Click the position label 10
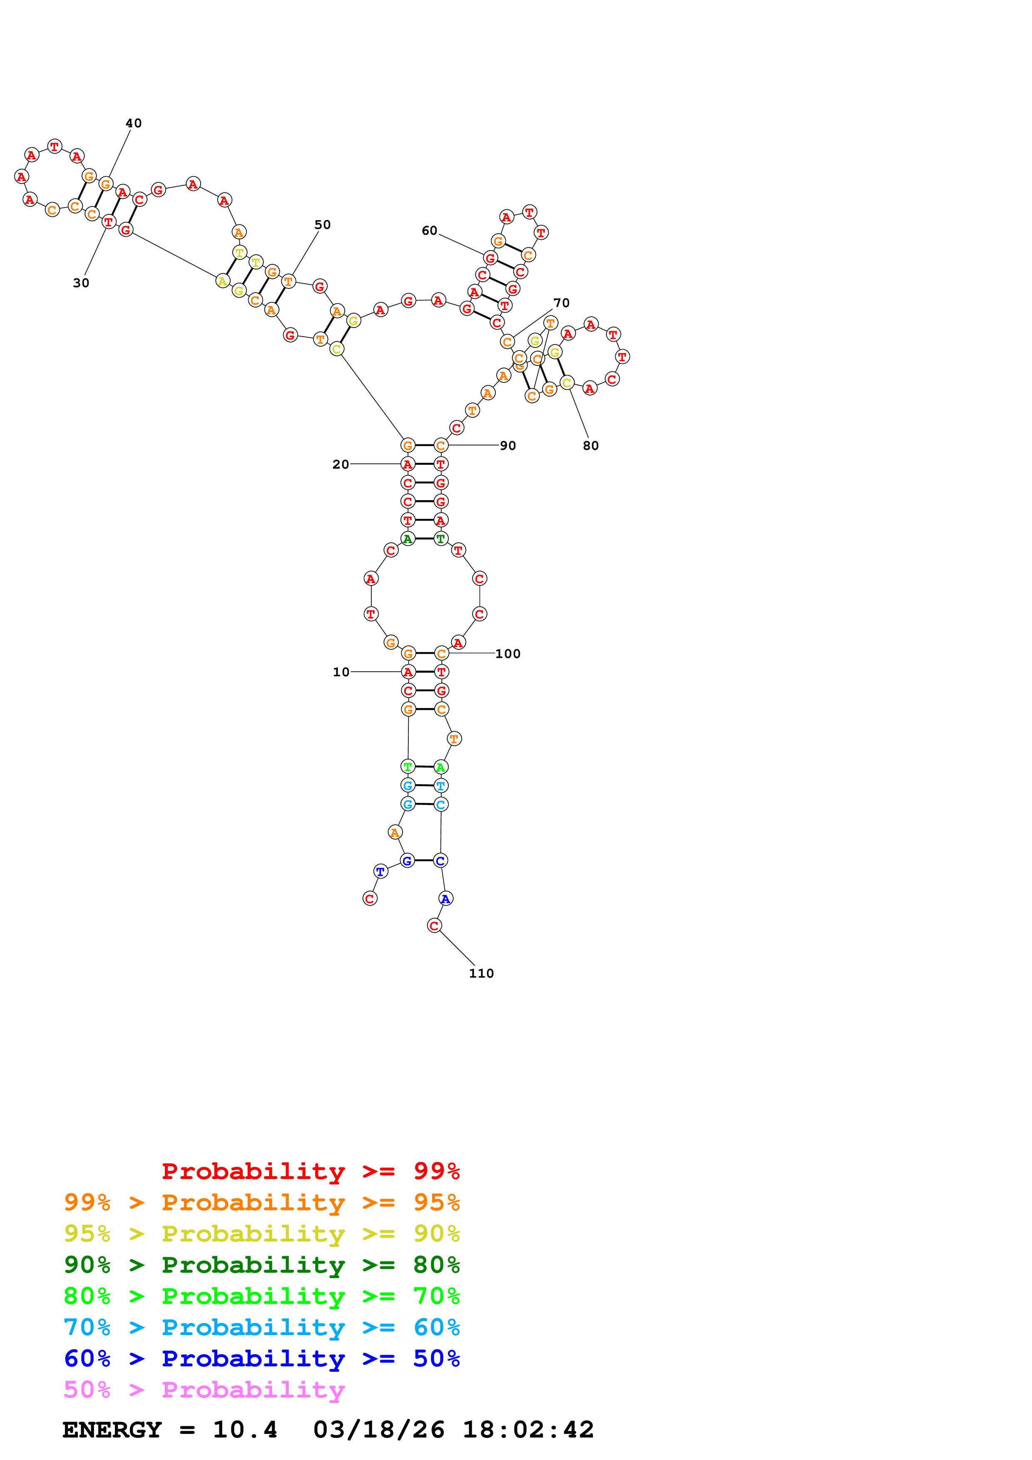point(341,672)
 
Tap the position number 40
point(134,123)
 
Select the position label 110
point(481,973)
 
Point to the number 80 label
point(591,446)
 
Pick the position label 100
point(508,654)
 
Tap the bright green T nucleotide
point(408,767)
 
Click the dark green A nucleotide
point(408,539)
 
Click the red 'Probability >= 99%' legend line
point(311,1171)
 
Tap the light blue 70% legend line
point(261,1327)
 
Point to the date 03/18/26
point(379,1430)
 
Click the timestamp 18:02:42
point(528,1430)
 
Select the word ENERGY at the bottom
point(112,1430)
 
